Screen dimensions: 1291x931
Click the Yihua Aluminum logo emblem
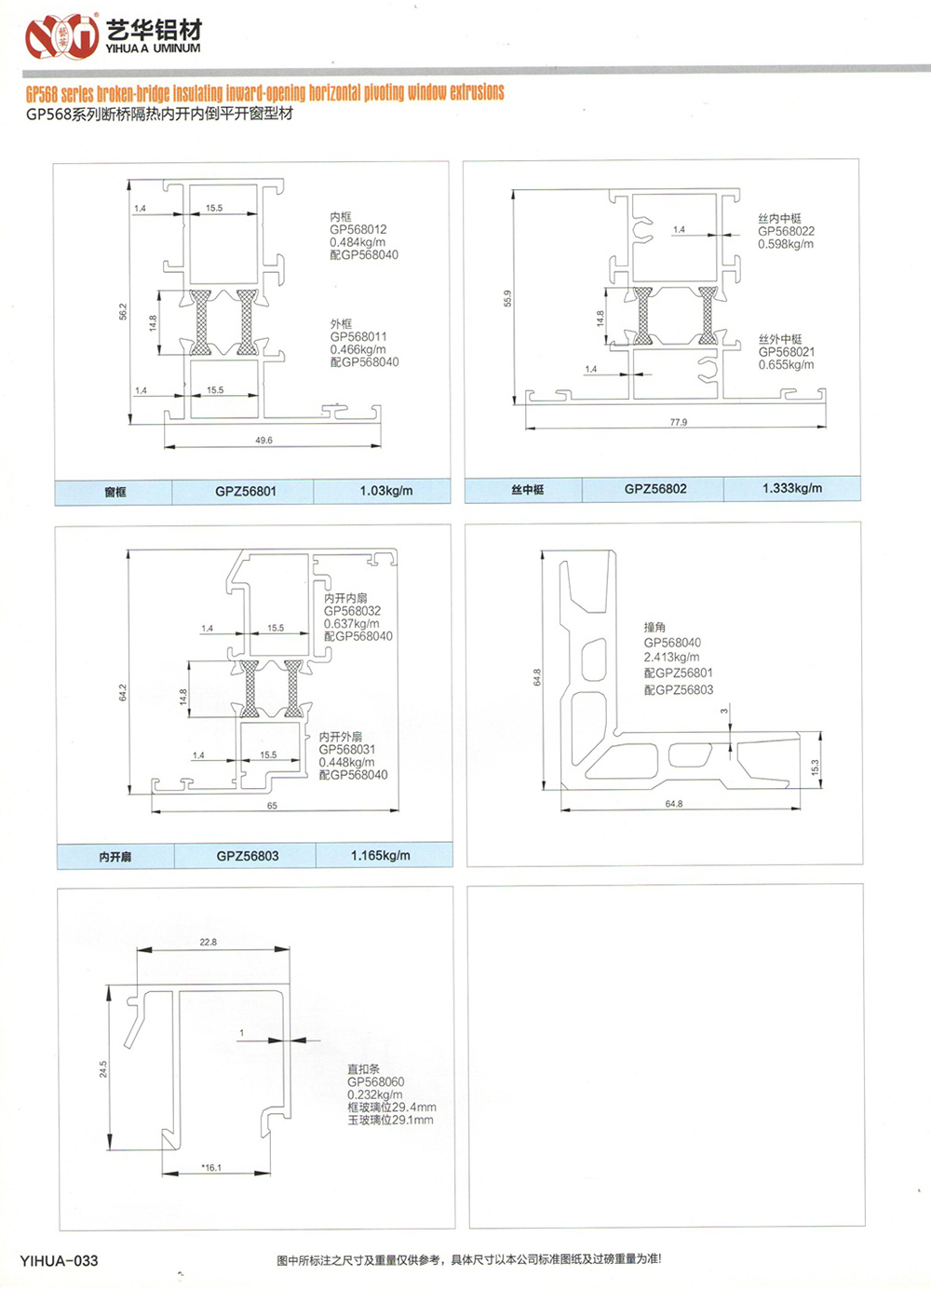tap(61, 36)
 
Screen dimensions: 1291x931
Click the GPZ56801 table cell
tap(246, 491)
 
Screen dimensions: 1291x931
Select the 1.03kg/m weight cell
tap(386, 491)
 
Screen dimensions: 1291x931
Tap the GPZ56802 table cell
tap(655, 488)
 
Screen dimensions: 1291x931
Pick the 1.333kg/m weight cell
tap(792, 488)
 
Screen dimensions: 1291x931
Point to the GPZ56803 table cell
tap(248, 855)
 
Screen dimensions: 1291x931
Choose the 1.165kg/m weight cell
tap(381, 855)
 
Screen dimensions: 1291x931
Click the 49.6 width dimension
tap(263, 441)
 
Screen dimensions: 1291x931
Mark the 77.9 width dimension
tap(679, 423)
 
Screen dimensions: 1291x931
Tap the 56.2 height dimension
tap(123, 312)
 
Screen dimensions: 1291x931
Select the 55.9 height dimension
tap(507, 298)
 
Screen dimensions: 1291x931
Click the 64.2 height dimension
tap(123, 692)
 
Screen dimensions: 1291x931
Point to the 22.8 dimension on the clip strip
tap(208, 943)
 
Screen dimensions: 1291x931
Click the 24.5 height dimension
tap(103, 1069)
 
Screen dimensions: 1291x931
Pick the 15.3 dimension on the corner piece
tap(815, 768)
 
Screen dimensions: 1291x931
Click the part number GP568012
tap(358, 229)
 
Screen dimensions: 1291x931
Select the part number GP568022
tap(786, 231)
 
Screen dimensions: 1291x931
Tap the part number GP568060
tap(375, 1082)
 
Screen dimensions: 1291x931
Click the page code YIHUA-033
tap(59, 1261)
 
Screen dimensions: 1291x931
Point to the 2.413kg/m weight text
tap(671, 657)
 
